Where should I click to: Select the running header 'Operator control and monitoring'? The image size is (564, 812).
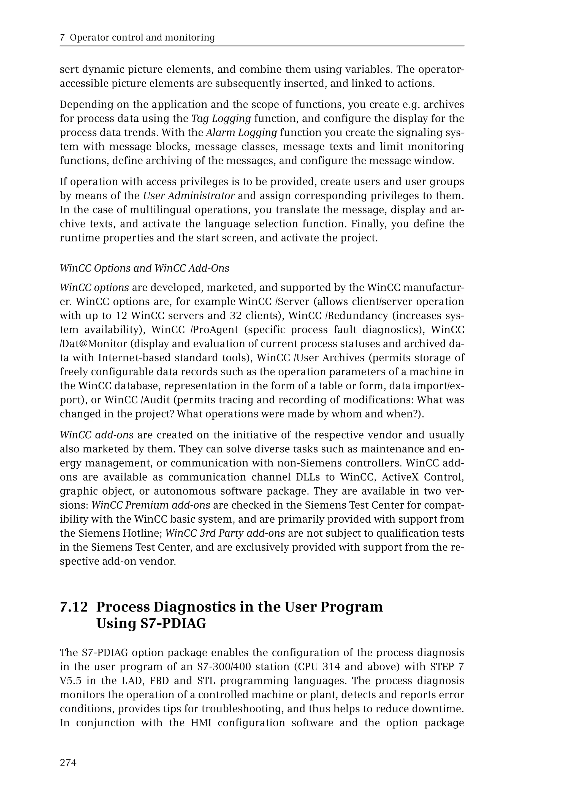(x=142, y=37)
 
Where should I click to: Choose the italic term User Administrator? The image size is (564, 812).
(x=189, y=196)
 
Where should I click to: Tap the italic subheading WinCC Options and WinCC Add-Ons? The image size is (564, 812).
(x=145, y=268)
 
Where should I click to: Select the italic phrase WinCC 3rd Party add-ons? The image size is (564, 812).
(x=225, y=533)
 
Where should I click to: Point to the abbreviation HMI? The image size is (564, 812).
(x=201, y=723)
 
